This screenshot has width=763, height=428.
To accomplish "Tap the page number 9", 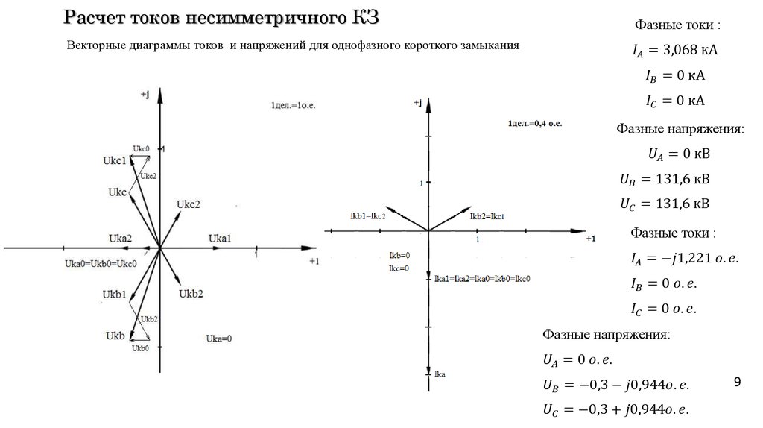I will [737, 383].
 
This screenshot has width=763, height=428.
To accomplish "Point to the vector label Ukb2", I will [191, 294].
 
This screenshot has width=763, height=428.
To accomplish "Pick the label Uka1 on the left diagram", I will [220, 238].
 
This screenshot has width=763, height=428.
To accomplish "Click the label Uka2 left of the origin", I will [120, 239].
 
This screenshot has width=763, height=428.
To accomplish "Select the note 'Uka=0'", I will [218, 338].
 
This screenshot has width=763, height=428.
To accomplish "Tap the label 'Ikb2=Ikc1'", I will [487, 215].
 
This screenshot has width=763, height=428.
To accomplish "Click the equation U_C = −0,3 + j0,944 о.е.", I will [612, 409].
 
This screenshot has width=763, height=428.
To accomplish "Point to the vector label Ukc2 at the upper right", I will [189, 204].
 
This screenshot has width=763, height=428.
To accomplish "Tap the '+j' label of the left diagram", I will [145, 94].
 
